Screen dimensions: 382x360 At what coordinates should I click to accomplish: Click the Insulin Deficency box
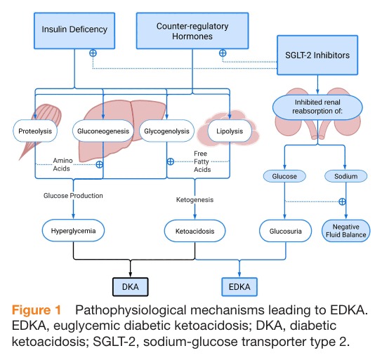74,31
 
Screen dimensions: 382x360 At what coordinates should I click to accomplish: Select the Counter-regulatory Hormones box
192,31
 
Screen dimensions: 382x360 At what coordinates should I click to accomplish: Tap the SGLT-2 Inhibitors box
317,55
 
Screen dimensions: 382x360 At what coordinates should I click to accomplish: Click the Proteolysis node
35,131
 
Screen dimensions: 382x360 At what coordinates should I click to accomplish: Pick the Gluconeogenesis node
103,131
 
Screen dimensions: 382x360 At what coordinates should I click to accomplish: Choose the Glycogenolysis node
166,131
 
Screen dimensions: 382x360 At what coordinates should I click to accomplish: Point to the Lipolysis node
230,131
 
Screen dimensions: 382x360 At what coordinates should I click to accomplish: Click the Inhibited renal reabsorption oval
317,107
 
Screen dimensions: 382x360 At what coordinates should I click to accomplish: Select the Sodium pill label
345,176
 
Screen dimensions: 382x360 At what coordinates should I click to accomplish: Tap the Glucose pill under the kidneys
284,176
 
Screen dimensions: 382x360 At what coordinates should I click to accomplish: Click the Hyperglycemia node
73,230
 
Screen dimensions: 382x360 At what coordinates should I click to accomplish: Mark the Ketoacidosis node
195,231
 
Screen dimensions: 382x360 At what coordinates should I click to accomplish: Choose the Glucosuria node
285,231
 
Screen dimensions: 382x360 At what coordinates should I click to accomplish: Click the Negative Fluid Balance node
345,231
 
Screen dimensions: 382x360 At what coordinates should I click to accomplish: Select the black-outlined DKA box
131,287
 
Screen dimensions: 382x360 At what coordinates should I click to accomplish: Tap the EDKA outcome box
239,287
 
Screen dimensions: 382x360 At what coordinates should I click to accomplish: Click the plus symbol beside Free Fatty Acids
171,161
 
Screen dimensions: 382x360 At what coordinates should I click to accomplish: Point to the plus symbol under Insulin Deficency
93,53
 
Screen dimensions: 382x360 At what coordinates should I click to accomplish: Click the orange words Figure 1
37,310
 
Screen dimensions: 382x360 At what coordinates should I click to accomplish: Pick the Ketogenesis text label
195,200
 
